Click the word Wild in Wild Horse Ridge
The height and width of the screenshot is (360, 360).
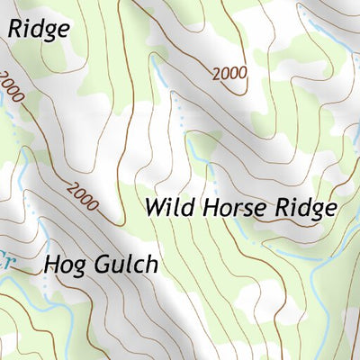click(169, 208)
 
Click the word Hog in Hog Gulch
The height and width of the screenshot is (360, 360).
click(62, 266)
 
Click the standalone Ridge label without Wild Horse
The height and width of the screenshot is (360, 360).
click(39, 29)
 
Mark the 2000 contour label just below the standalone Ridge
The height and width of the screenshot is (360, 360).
click(11, 85)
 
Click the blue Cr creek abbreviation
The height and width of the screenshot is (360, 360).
click(7, 255)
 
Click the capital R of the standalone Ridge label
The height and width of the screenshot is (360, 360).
click(16, 29)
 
